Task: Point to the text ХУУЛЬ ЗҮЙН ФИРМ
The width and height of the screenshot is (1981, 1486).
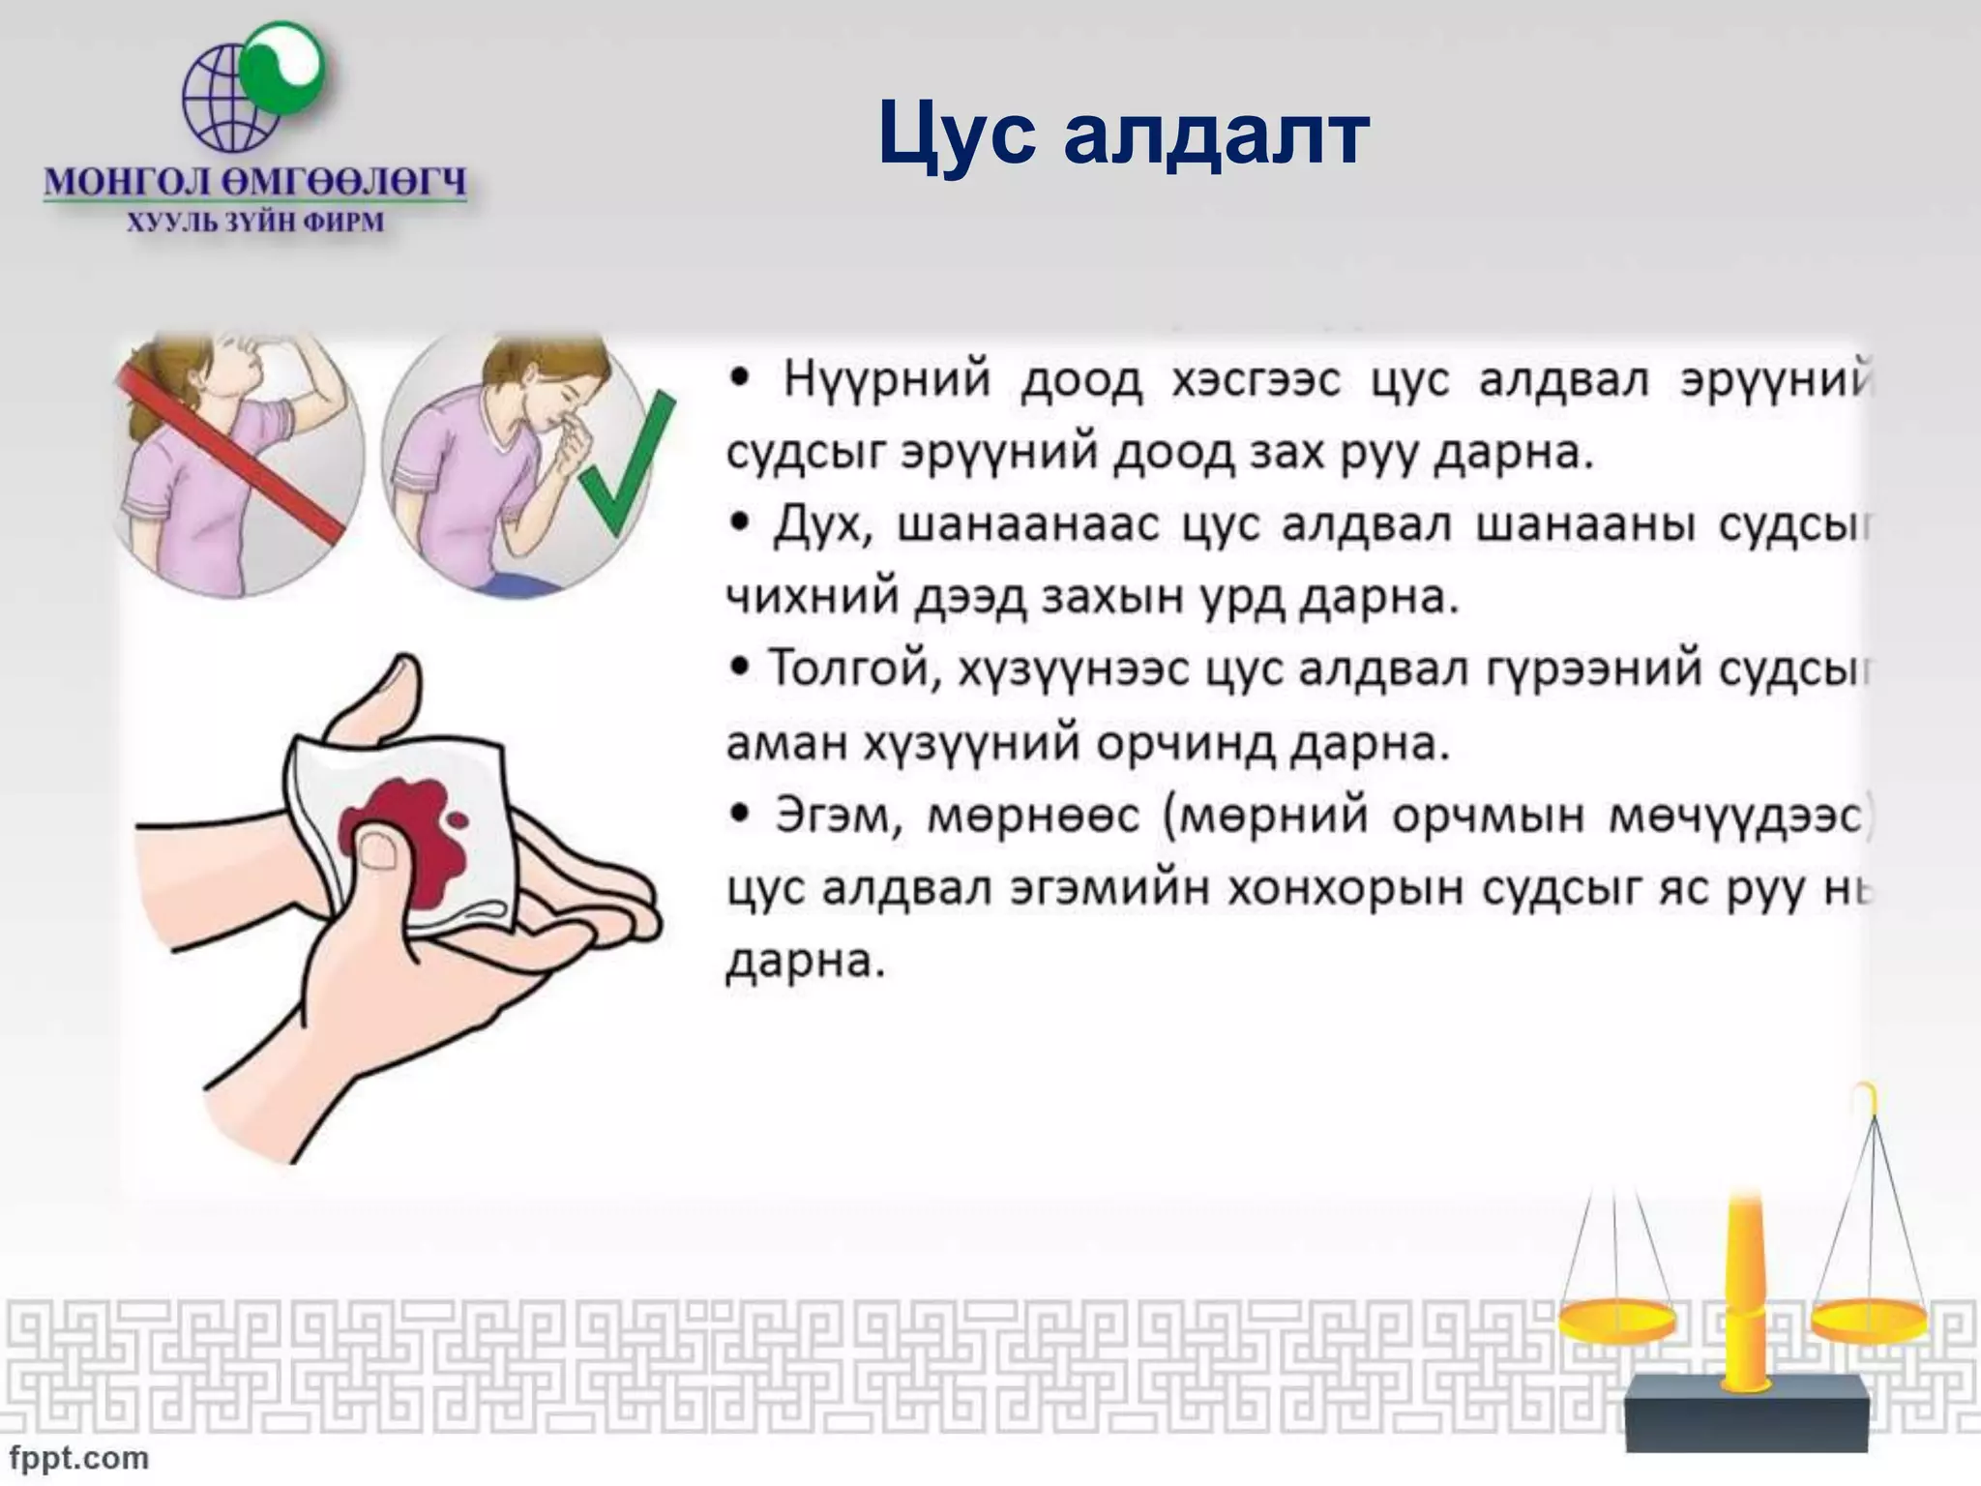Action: click(x=255, y=223)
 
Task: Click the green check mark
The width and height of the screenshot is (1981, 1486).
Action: click(x=627, y=464)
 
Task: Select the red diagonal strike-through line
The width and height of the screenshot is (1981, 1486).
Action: click(x=232, y=455)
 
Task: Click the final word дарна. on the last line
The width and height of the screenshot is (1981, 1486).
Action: click(x=805, y=963)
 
